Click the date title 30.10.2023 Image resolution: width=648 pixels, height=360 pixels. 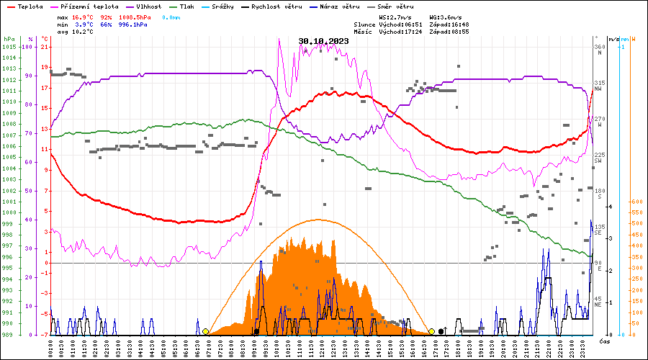323,41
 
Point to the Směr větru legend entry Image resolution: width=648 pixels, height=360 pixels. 392,6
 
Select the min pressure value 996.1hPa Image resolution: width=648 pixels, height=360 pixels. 134,24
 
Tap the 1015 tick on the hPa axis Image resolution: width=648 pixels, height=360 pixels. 9,47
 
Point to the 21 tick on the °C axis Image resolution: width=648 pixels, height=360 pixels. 45,47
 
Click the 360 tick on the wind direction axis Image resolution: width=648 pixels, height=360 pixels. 599,47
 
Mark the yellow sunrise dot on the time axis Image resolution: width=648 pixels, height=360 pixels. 206,331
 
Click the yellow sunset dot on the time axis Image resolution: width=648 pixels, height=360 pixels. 431,331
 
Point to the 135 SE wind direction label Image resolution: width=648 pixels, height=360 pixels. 599,230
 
